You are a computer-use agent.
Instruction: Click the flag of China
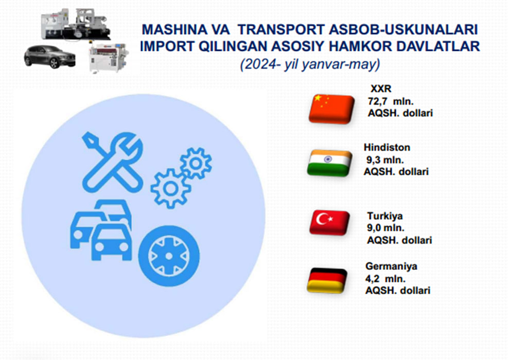tap(331, 109)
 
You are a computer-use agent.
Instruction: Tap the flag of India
tap(329, 163)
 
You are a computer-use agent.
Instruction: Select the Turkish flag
tap(329, 222)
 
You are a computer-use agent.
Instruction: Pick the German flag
tap(327, 280)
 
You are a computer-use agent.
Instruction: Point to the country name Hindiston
tap(387, 147)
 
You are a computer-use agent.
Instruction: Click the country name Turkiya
tap(385, 215)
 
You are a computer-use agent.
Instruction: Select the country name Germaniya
tap(391, 266)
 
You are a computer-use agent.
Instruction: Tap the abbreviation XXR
tap(381, 88)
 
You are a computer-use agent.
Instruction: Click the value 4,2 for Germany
tap(372, 279)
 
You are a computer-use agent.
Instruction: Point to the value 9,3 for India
tap(373, 160)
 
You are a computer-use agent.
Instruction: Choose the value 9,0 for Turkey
tap(374, 228)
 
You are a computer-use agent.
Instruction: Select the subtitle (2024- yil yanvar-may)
tap(310, 64)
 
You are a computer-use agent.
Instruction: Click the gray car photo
tap(50, 57)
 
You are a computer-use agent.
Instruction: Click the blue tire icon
tap(169, 256)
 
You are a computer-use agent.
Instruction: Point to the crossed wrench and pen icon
tap(112, 162)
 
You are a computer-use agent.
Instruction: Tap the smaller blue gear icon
tap(196, 163)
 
